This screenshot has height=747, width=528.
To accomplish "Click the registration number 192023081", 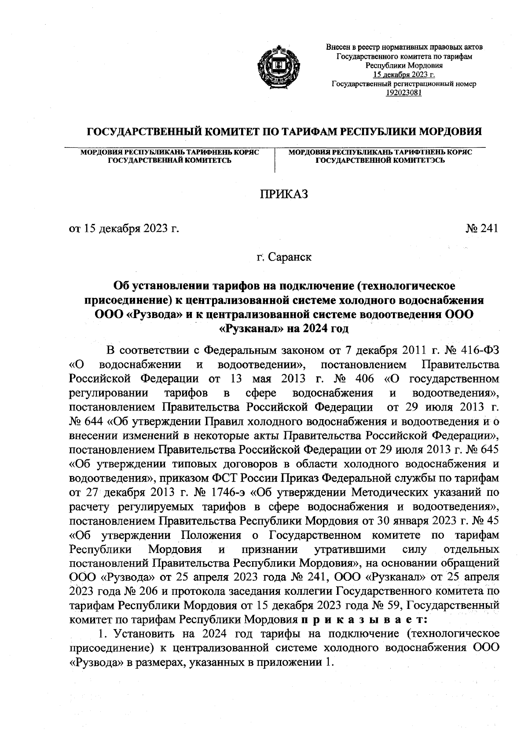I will pyautogui.click(x=403, y=92).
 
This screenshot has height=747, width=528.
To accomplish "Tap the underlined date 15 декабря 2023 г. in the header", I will pyautogui.click(x=403, y=74).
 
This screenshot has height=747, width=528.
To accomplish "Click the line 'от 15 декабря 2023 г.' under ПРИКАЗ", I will pyautogui.click(x=125, y=229).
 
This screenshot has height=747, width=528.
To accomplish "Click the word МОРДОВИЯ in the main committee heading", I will pyautogui.click(x=449, y=132).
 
